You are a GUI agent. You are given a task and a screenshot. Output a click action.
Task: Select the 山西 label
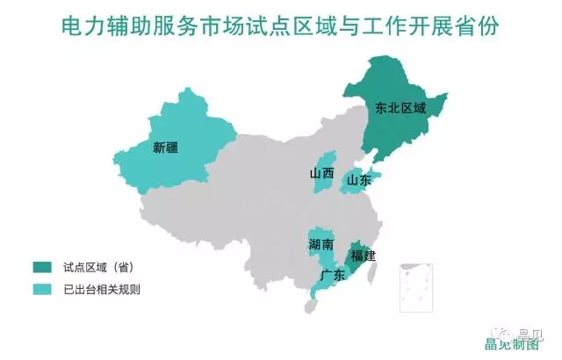pos(321,173)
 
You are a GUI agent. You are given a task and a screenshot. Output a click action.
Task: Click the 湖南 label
pos(321,243)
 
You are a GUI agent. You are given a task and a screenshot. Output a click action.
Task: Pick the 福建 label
pos(363,256)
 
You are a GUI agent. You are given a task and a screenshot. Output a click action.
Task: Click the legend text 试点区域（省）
pos(98,266)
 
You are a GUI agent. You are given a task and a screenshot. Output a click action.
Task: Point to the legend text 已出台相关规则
pos(103,288)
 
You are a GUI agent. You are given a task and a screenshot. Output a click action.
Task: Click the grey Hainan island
pos(308,306)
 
